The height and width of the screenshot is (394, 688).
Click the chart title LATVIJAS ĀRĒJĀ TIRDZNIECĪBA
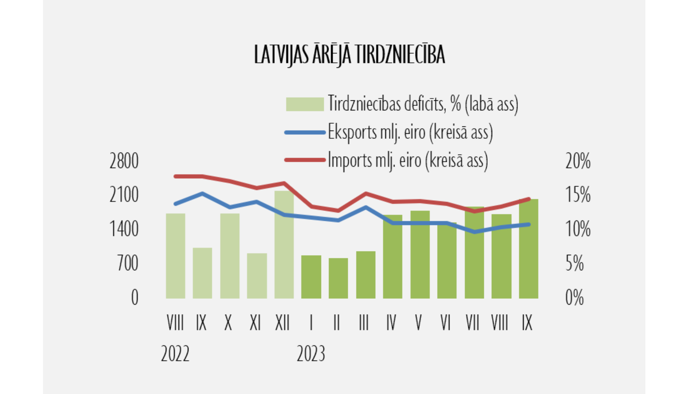tap(350, 55)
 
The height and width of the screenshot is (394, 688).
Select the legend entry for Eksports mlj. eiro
tap(410, 132)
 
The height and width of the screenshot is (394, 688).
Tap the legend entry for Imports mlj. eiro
tap(407, 160)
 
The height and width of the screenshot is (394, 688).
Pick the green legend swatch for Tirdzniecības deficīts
tap(305, 104)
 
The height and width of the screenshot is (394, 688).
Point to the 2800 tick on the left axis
tap(124, 161)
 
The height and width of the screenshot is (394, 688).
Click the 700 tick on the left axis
tap(128, 263)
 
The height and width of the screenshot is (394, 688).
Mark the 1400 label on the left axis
tap(124, 229)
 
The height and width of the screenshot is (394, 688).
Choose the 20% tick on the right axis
tap(577, 161)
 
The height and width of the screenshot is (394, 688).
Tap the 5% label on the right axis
tap(574, 263)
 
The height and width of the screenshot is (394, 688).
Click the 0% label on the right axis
tap(574, 298)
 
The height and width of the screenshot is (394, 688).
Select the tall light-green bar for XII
tap(284, 245)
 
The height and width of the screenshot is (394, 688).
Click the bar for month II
tap(338, 278)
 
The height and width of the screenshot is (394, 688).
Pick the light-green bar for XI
tap(257, 276)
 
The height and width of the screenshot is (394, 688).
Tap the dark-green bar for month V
tap(420, 254)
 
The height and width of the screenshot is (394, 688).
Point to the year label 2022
tap(175, 354)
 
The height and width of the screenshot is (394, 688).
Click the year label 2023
tap(311, 354)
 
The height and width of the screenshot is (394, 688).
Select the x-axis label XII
tap(283, 323)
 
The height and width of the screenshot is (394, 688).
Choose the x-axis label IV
tap(391, 323)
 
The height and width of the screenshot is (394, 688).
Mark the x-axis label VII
tap(472, 323)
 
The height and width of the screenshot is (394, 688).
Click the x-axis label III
tap(364, 323)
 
